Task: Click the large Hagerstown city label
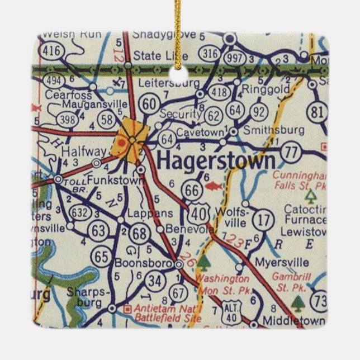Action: click(216, 161)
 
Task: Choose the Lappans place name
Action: click(141, 212)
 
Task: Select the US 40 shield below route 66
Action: click(197, 212)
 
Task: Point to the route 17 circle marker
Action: click(262, 219)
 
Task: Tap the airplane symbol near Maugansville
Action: click(117, 83)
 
